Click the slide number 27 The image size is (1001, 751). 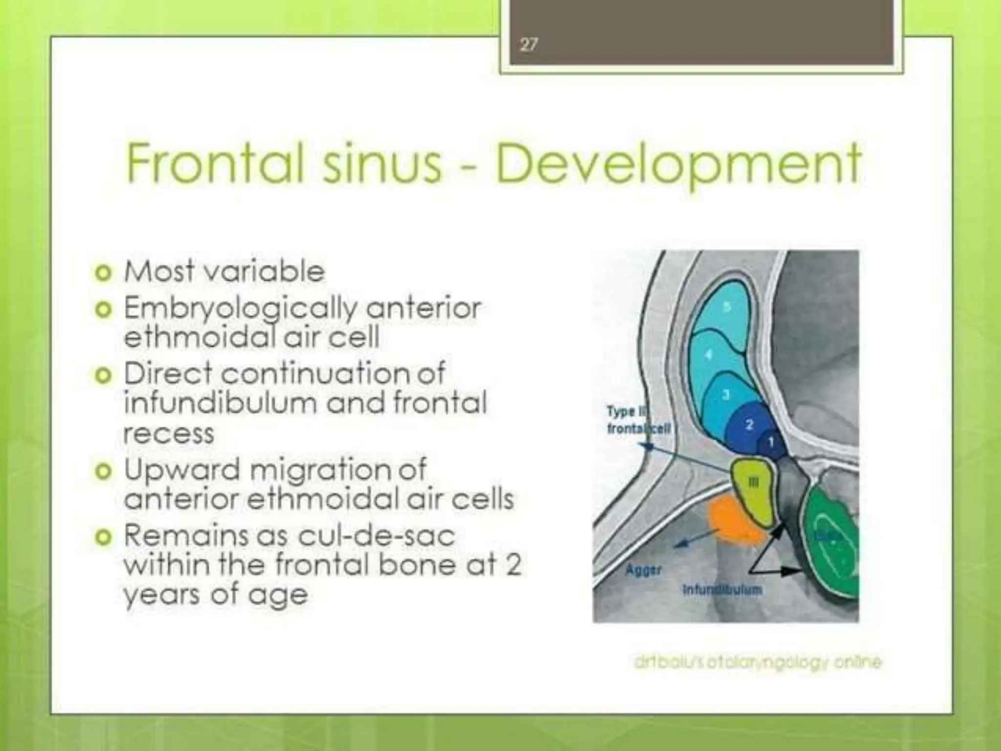[x=528, y=45]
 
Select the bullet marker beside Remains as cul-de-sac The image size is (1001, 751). [x=103, y=537]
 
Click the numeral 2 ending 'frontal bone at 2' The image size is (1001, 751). [x=513, y=565]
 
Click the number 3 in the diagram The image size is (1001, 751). [x=726, y=394]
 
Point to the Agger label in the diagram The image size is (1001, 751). [x=644, y=570]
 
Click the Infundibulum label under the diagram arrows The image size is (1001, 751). [x=722, y=590]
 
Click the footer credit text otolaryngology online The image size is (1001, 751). [x=757, y=663]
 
